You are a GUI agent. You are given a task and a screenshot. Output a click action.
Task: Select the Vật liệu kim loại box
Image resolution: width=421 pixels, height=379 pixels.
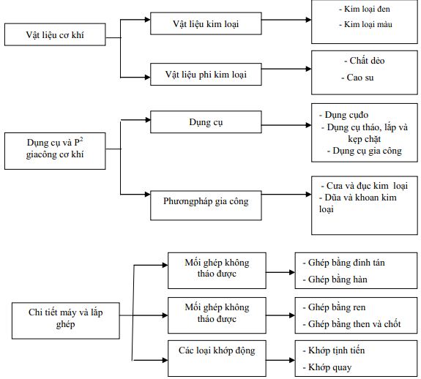[195, 24]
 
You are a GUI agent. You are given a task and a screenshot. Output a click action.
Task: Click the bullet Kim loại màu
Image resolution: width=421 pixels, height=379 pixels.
[361, 25]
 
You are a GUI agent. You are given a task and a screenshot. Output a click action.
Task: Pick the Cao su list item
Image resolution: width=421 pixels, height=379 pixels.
[357, 77]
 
